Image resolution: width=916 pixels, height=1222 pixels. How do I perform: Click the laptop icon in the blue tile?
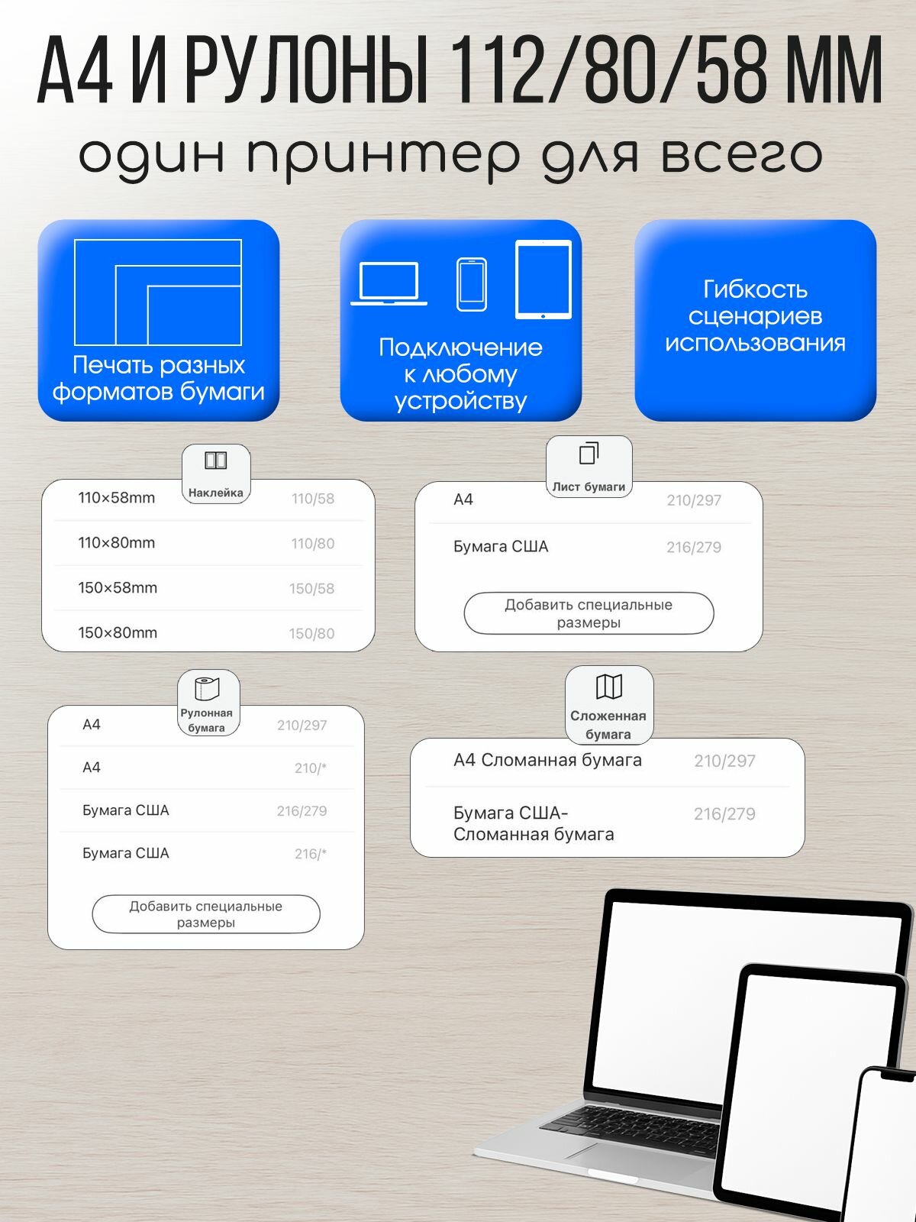(389, 283)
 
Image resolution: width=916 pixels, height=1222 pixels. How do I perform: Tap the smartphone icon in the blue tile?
(472, 284)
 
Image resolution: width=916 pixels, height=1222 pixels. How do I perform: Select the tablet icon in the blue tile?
(543, 280)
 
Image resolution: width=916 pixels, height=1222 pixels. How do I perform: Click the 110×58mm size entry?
(116, 498)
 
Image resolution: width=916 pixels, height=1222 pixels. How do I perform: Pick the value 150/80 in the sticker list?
(311, 633)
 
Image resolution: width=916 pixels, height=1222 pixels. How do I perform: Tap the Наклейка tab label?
(215, 493)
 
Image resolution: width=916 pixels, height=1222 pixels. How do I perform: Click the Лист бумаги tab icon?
(589, 454)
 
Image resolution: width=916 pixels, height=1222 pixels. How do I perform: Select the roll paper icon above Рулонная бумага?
(206, 688)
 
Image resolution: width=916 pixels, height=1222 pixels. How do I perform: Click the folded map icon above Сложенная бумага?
(608, 687)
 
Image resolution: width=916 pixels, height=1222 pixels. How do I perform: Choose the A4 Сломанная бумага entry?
(547, 761)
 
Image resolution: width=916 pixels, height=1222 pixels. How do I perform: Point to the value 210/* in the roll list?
(310, 768)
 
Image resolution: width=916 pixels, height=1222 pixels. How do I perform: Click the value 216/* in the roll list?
(310, 854)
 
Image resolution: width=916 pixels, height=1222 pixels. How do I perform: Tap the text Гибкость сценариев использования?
(755, 316)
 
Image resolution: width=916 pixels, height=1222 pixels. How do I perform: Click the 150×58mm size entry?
(118, 588)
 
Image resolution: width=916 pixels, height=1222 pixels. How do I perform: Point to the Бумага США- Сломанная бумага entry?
(534, 823)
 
